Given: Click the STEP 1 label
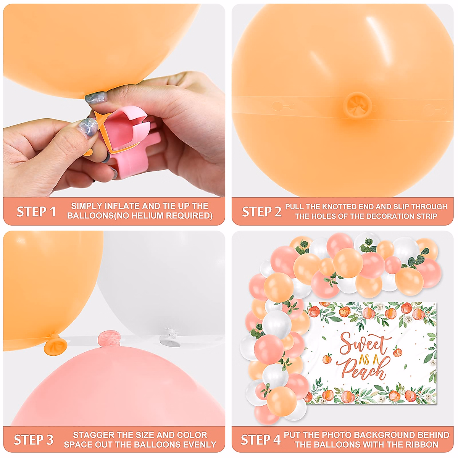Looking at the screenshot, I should (x=36, y=211).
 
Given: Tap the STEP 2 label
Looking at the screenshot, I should (x=261, y=211).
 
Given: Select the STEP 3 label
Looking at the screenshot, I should (x=34, y=440).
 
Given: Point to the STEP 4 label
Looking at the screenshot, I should (x=260, y=440).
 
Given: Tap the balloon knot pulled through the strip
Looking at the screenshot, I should (x=358, y=104).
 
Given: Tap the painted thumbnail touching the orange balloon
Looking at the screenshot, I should (x=95, y=98).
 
